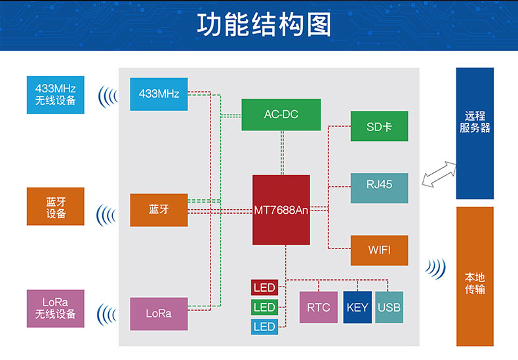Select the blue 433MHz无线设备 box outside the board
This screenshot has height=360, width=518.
tap(56, 94)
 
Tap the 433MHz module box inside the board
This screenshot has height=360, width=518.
tap(159, 94)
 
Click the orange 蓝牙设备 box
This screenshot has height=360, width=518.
tap(56, 207)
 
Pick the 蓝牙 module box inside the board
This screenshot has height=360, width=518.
tap(159, 210)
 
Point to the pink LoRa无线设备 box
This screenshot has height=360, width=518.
tap(56, 308)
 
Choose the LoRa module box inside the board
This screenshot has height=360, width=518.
tap(159, 313)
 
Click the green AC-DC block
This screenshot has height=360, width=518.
tap(281, 115)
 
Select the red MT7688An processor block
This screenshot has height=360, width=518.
tap(281, 210)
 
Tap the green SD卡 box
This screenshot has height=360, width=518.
tap(379, 127)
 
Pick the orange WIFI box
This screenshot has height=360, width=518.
tap(379, 250)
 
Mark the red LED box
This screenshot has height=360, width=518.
tap(264, 287)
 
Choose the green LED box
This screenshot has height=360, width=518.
tap(264, 307)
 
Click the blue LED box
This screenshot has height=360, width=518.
tap(264, 327)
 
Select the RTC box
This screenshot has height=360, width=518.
tap(319, 308)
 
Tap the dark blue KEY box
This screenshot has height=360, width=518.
tap(357, 308)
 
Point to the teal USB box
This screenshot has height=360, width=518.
tap(389, 308)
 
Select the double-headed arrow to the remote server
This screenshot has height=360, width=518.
tap(439, 174)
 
